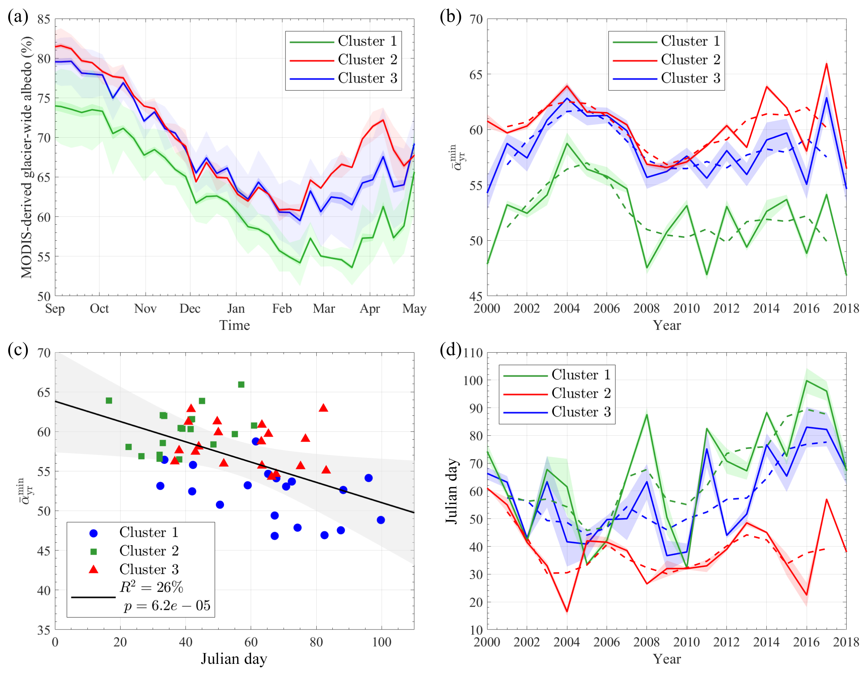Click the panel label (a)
click(x=18, y=17)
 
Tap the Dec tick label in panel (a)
click(x=190, y=309)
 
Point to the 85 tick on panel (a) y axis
click(x=44, y=19)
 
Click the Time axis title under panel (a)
click(x=234, y=325)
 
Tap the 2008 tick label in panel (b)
click(x=647, y=309)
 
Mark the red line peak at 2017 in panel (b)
click(x=826, y=64)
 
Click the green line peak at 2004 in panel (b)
click(x=567, y=143)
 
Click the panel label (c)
click(x=18, y=350)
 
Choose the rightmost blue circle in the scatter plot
click(x=381, y=520)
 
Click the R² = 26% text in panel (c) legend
click(x=151, y=587)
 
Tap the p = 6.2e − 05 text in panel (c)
click(x=167, y=606)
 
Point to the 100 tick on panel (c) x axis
click(x=381, y=642)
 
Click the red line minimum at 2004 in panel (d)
click(x=567, y=612)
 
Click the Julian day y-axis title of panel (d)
click(x=452, y=491)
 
